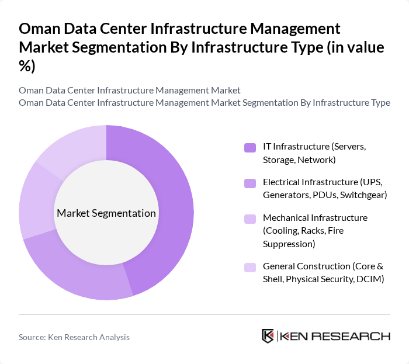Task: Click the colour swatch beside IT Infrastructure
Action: click(250, 147)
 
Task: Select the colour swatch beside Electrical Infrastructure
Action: click(250, 183)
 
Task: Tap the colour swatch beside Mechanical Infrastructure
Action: click(250, 219)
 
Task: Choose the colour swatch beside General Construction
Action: click(250, 267)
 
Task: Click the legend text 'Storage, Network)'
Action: click(299, 160)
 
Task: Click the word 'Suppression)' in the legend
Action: click(289, 243)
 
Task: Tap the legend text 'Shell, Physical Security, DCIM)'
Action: click(323, 279)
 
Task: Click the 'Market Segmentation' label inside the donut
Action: click(106, 213)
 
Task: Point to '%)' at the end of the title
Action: click(27, 66)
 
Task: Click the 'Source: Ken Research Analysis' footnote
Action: click(74, 337)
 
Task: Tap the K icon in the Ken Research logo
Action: click(268, 336)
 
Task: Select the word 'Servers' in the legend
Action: click(349, 146)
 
